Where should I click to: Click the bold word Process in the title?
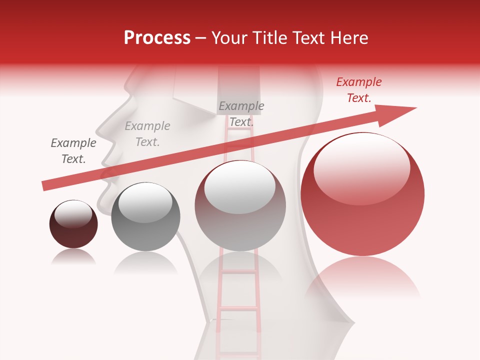[157, 38]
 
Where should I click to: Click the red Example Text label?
[358, 90]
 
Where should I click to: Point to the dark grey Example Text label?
[73, 151]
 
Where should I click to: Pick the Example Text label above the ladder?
[241, 113]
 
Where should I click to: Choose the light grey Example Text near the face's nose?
[147, 134]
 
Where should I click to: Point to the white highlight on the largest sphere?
[361, 168]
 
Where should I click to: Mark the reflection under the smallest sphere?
[73, 257]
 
